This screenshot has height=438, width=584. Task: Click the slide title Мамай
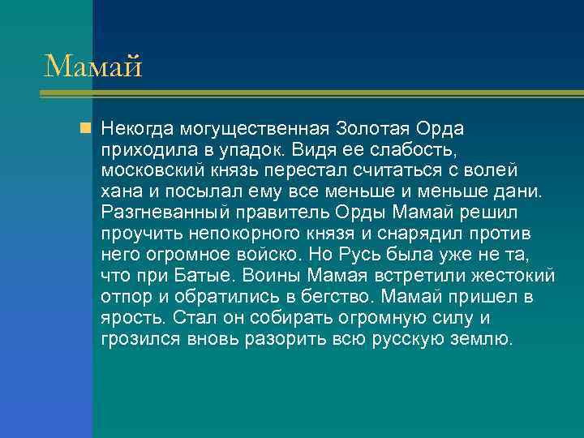click(x=92, y=66)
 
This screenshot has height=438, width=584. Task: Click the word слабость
click(x=411, y=150)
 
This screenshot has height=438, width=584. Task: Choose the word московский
click(x=152, y=171)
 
